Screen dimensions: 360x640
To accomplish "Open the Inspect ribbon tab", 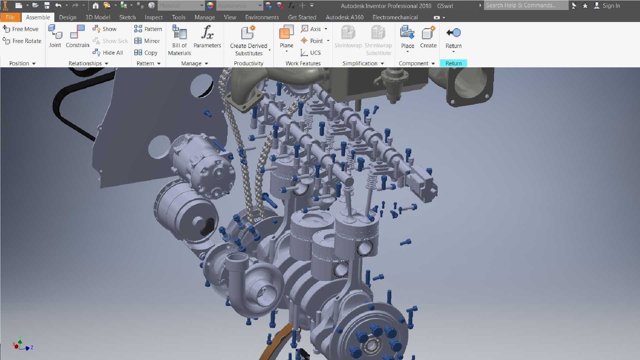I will coord(154,17).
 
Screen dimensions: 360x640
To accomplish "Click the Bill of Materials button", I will coord(179,40).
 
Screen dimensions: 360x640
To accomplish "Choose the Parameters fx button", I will coord(207,37).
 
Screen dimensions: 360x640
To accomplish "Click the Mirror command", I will coord(147,41).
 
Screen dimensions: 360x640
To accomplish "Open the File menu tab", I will coord(10,17).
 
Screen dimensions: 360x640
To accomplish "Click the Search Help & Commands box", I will coord(526,5).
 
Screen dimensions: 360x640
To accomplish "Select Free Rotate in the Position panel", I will coord(22,41).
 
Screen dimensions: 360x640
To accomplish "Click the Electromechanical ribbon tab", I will coord(395,17).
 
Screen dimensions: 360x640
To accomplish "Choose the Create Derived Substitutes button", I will coord(248,40).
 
